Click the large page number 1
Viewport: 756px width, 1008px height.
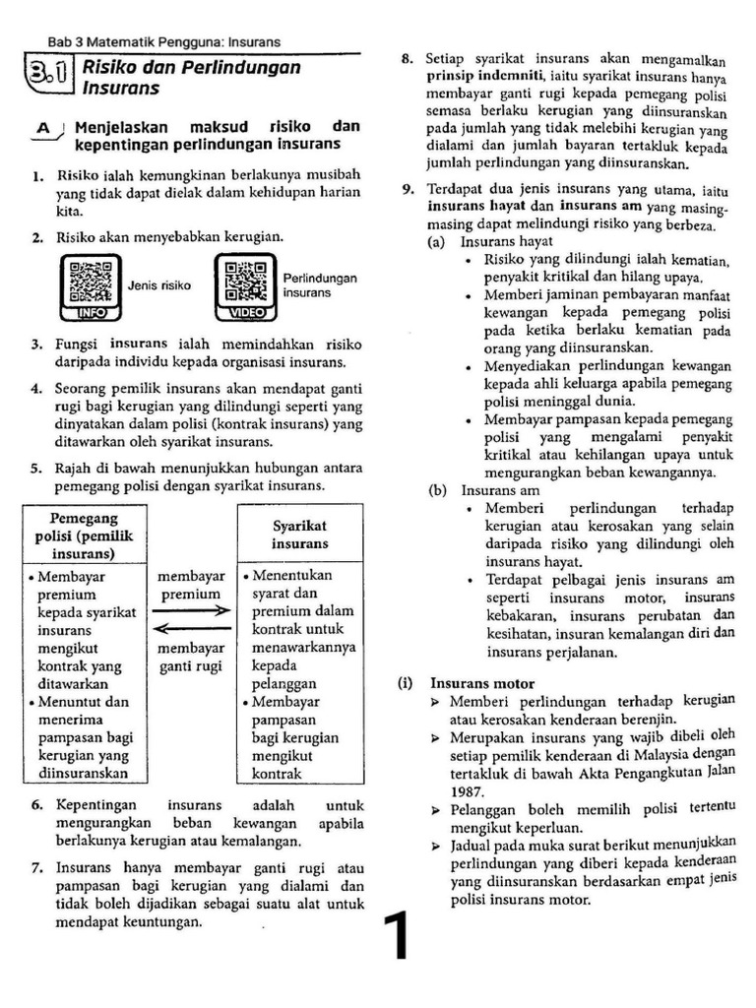tap(398, 936)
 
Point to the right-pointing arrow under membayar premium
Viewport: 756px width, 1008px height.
tap(191, 611)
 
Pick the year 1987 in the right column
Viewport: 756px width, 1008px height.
tap(468, 789)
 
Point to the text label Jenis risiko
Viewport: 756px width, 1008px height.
tap(159, 285)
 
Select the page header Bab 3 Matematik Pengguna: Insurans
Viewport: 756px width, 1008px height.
tap(164, 42)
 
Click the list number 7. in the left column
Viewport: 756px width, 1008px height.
tap(36, 869)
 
